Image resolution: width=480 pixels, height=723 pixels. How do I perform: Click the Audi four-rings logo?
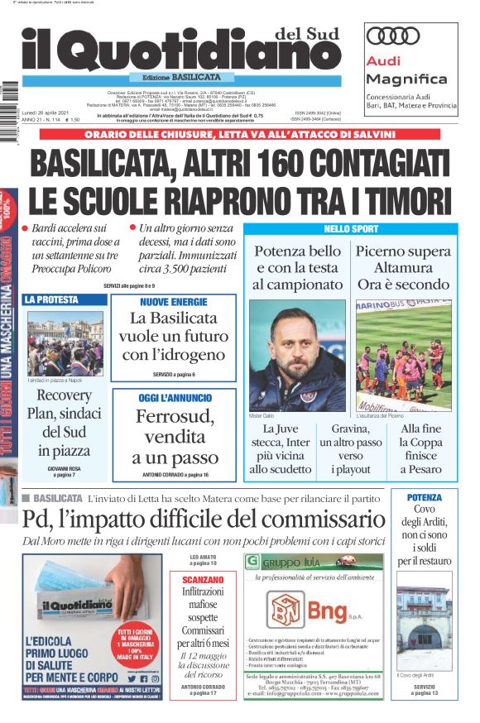(393, 36)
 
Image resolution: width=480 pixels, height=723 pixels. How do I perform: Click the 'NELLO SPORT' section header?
(351, 228)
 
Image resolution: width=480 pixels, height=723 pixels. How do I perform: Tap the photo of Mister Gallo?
(297, 356)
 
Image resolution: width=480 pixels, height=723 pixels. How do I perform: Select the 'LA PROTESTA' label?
(51, 299)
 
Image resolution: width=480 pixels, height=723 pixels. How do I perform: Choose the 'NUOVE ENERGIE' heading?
(173, 302)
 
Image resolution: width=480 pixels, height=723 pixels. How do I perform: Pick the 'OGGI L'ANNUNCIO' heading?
(173, 399)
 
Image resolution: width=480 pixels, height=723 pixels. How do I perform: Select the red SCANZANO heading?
(202, 579)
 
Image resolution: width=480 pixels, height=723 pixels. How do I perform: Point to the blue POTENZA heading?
(424, 497)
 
